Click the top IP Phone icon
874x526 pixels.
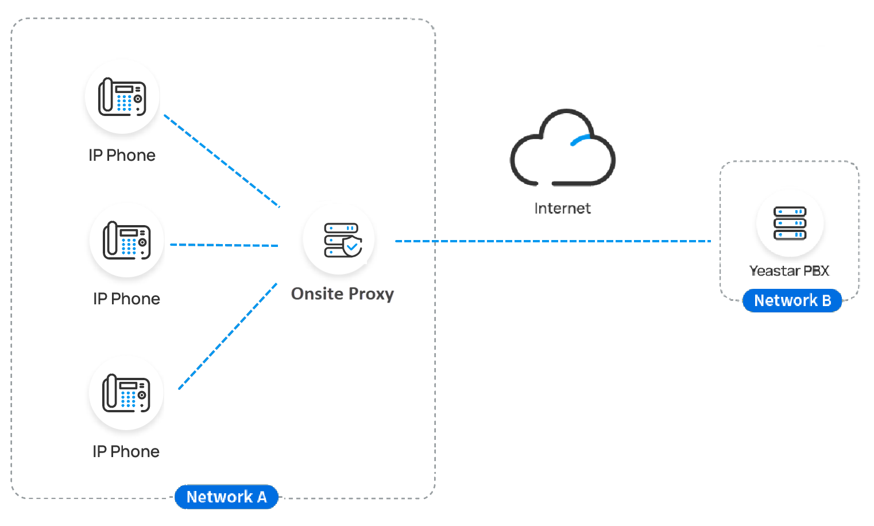click(122, 97)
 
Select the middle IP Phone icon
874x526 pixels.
click(126, 240)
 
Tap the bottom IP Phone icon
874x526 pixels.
click(126, 393)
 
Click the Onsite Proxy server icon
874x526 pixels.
click(339, 239)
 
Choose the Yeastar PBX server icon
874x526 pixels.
click(790, 223)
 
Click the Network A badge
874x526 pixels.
click(226, 497)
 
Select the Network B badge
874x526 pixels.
click(792, 300)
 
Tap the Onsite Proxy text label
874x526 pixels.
click(342, 293)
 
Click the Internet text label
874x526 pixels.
click(562, 208)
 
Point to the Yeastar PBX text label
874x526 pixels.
click(789, 270)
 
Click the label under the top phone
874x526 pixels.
click(122, 155)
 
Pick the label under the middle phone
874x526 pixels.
click(126, 299)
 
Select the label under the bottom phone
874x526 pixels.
click(126, 451)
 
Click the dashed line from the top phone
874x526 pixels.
click(222, 161)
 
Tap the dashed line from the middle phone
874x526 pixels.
click(224, 245)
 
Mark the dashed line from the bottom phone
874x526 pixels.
click(228, 336)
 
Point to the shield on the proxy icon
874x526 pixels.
click(352, 246)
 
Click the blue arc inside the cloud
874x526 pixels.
click(580, 140)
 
